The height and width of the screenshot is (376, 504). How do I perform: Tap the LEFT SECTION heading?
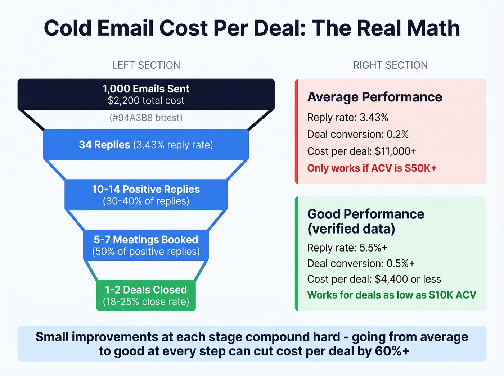146,65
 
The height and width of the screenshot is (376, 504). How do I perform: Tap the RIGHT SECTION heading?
390,65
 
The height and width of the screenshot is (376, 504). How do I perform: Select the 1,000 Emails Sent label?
146,89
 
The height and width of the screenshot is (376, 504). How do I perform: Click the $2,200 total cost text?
146,100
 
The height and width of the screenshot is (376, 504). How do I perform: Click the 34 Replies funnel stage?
146,145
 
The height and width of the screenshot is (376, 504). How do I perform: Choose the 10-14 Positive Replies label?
146,189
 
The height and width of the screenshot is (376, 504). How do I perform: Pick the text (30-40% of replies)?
146,201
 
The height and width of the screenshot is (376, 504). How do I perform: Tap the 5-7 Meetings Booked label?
146,240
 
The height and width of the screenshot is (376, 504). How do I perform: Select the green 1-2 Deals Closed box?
146,295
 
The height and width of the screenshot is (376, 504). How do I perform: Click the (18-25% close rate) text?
146,302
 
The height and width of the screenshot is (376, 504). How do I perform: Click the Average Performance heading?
374,97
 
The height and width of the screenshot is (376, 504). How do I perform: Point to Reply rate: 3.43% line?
347,117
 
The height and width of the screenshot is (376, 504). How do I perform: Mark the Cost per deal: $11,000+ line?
361,151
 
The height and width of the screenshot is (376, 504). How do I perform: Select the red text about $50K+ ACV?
372,168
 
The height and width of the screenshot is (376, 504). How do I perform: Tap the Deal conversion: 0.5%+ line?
361,263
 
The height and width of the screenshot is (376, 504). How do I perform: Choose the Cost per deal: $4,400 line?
374,279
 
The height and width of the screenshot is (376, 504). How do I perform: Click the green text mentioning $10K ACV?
391,295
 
